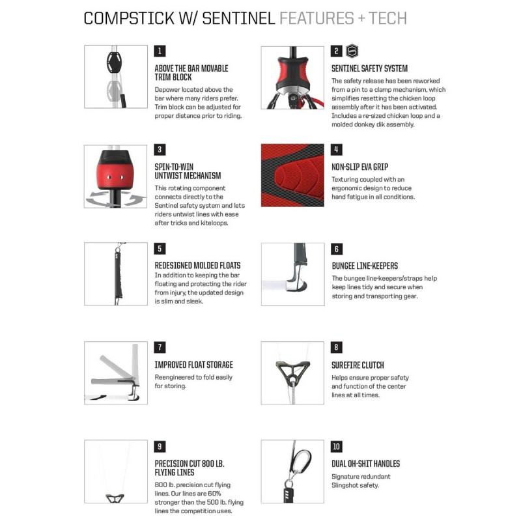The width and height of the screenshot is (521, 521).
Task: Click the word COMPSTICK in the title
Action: pyautogui.click(x=129, y=18)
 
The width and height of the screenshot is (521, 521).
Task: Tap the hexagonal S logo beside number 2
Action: pyautogui.click(x=352, y=51)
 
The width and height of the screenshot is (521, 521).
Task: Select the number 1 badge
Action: pyautogui.click(x=160, y=51)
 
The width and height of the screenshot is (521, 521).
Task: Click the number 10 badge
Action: pyautogui.click(x=336, y=446)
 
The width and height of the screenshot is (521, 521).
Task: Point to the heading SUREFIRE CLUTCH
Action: pyautogui.click(x=358, y=365)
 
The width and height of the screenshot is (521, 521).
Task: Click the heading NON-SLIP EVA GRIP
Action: pyautogui.click(x=360, y=167)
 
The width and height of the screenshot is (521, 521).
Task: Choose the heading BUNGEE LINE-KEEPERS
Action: pyautogui.click(x=365, y=266)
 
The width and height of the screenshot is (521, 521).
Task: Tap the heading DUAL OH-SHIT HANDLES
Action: pyautogui.click(x=365, y=464)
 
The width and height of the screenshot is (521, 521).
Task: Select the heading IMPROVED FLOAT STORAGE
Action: pyautogui.click(x=193, y=365)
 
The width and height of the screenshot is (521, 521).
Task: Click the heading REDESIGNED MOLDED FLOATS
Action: pyautogui.click(x=197, y=266)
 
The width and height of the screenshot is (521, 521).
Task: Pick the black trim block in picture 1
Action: pyautogui.click(x=114, y=62)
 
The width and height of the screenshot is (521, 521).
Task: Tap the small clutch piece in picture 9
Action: pyautogui.click(x=115, y=498)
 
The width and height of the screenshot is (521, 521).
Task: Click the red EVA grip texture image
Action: pyautogui.click(x=292, y=175)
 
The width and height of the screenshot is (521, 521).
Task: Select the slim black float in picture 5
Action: pyautogui.click(x=118, y=275)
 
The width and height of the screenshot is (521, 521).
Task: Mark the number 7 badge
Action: pyautogui.click(x=160, y=347)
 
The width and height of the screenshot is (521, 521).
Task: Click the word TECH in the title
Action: pyautogui.click(x=387, y=18)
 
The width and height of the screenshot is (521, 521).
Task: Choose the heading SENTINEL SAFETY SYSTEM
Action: pyautogui.click(x=369, y=68)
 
